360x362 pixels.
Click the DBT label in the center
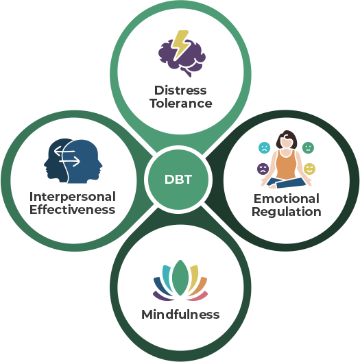click(178, 180)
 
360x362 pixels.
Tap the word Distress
click(180, 90)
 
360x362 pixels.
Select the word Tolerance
click(181, 104)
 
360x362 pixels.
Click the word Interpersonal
click(73, 197)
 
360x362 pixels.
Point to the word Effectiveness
click(72, 210)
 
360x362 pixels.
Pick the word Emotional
click(287, 199)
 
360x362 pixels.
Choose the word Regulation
click(287, 212)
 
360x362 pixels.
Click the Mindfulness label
click(180, 314)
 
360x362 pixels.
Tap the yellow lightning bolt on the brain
click(181, 45)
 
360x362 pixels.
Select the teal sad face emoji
click(265, 148)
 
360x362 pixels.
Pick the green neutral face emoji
click(308, 148)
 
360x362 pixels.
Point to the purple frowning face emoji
click(263, 169)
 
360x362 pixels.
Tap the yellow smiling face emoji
click(309, 169)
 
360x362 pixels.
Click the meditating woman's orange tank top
click(286, 165)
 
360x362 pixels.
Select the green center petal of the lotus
click(180, 278)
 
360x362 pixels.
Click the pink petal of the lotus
click(198, 296)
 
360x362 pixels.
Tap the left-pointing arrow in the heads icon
click(64, 152)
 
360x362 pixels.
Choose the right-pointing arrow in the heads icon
click(70, 161)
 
